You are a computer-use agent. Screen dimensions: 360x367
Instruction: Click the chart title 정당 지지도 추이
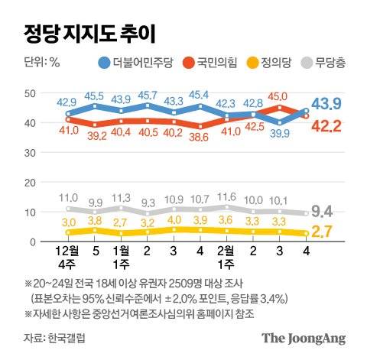[89, 33]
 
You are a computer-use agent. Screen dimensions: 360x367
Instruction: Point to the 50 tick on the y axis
[31, 93]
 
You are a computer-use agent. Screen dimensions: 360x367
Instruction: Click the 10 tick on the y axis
[31, 212]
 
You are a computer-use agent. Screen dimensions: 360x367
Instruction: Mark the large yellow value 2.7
[339, 231]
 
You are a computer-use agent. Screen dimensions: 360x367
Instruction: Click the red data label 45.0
[278, 97]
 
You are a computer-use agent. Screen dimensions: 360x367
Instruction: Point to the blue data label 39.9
[278, 135]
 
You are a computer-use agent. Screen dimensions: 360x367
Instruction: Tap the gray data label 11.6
[226, 196]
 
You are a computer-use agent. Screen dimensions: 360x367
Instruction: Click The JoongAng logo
[303, 338]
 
